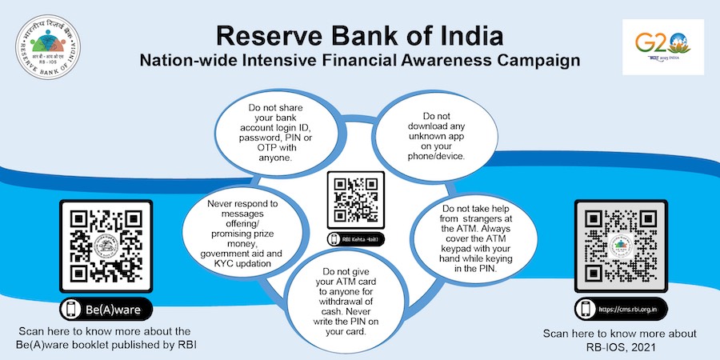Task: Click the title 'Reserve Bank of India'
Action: click(x=359, y=36)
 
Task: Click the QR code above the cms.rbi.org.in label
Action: click(x=621, y=245)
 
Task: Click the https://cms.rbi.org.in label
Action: click(x=621, y=310)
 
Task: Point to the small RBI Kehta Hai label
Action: click(x=355, y=239)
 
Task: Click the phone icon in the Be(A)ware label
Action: click(x=71, y=310)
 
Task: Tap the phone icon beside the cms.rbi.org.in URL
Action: click(x=585, y=310)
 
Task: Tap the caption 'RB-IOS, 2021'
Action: click(x=621, y=345)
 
